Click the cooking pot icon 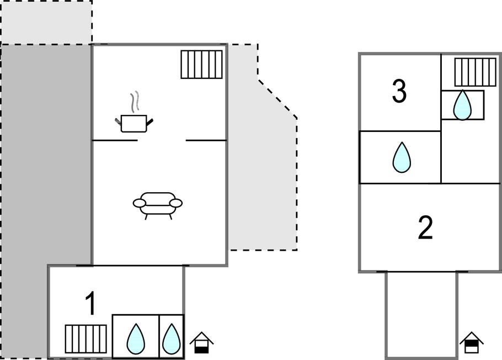pos(134,124)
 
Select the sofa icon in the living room pos(158,206)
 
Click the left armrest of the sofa pos(139,203)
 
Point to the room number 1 pos(90,304)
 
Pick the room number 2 pos(425,228)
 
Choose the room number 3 pos(399,92)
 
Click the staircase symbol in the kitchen pos(202,65)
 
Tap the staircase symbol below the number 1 pos(86,339)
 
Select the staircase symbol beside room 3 pos(475,72)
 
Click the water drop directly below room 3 pos(402,157)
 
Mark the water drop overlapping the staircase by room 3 pos(462,105)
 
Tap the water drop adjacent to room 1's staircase pos(136,339)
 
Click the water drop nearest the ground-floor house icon pos(172,339)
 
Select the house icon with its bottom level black pos(202,343)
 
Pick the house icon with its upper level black pos(472,343)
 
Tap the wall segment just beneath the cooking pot pos(115,140)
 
